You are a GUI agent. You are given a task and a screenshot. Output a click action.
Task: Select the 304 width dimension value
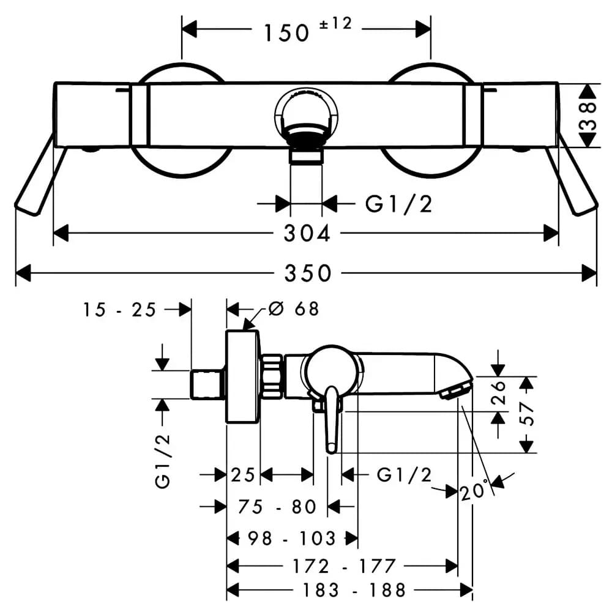click(x=307, y=233)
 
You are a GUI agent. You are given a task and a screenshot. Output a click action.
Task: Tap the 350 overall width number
click(x=308, y=273)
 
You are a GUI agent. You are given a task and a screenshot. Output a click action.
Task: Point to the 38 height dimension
click(x=589, y=116)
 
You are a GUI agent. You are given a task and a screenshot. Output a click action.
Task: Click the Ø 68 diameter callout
click(x=294, y=308)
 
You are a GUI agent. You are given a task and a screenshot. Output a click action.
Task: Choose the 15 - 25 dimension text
click(x=119, y=310)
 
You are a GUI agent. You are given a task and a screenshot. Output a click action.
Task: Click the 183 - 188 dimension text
click(x=354, y=590)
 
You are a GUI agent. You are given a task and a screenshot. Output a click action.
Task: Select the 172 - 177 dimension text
click(x=344, y=566)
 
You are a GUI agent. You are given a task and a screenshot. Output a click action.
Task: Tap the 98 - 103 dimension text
click(x=291, y=539)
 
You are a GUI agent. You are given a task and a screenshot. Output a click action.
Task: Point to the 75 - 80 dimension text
click(x=277, y=507)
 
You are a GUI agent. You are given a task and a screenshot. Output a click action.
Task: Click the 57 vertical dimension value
click(x=527, y=414)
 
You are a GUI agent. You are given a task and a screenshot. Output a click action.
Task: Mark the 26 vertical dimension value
click(x=498, y=393)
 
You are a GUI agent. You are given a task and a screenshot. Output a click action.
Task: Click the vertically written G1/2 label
click(x=163, y=461)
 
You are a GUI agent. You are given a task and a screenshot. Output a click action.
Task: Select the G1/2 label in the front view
click(x=398, y=204)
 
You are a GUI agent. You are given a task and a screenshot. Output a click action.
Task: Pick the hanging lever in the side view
click(x=331, y=420)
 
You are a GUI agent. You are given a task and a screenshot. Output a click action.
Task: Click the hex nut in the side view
click(x=272, y=376)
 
